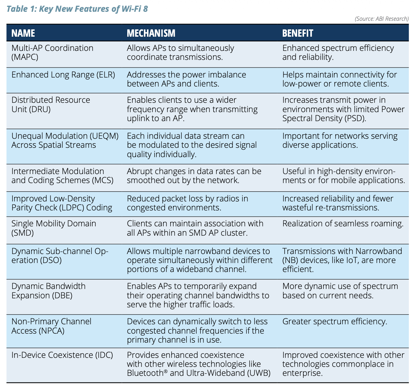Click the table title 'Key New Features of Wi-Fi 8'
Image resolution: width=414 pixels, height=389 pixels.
click(x=94, y=9)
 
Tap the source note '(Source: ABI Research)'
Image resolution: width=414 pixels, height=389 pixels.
click(x=381, y=19)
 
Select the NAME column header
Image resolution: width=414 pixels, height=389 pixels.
click(x=23, y=33)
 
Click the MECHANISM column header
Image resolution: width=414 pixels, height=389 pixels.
click(x=151, y=33)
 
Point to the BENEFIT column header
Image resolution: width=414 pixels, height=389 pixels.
click(x=297, y=33)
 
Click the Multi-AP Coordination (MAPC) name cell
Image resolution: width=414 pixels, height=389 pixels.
click(x=52, y=53)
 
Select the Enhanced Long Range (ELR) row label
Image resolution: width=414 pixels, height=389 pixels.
click(x=63, y=75)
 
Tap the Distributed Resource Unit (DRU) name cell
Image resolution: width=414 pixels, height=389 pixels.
click(x=51, y=105)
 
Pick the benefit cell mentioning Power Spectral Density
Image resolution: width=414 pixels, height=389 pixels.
click(x=343, y=109)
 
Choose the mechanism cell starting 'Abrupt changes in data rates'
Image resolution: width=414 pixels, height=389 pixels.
click(x=194, y=176)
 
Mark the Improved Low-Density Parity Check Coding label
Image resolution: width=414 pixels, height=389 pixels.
click(x=62, y=203)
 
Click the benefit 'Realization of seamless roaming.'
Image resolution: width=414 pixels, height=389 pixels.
click(x=343, y=224)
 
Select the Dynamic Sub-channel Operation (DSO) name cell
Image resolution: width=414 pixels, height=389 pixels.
click(x=60, y=256)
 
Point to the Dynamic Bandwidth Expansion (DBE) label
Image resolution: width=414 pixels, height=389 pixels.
click(x=49, y=291)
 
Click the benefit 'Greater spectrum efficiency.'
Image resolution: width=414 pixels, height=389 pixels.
click(x=335, y=322)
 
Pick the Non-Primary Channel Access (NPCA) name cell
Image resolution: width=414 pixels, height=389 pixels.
click(x=51, y=326)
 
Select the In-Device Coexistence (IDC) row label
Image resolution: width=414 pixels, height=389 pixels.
click(x=62, y=355)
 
